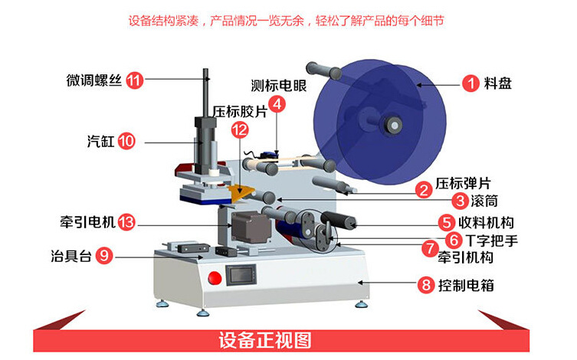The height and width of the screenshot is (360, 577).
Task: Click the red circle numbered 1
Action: [x=470, y=83]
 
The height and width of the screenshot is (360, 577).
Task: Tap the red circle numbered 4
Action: [x=278, y=103]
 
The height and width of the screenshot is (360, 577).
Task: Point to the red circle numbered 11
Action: [x=135, y=80]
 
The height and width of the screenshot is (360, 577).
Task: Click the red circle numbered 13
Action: [x=127, y=222]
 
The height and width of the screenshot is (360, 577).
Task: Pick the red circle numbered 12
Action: [x=239, y=129]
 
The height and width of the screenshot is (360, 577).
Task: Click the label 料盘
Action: [x=498, y=83]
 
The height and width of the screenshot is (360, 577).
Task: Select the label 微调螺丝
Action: [x=93, y=80]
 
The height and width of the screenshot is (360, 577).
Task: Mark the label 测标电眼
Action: [x=278, y=85]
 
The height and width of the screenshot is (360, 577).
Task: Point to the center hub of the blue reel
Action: [x=394, y=123]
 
